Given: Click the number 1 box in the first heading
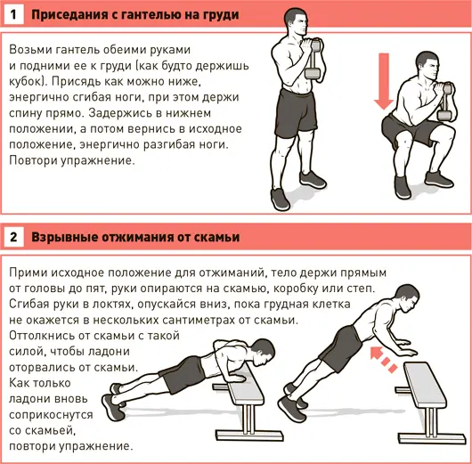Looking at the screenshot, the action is (14, 14).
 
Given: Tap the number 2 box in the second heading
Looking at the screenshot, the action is (14, 237).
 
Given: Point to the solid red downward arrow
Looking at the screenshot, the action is (384, 81).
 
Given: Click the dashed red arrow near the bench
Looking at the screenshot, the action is (384, 360).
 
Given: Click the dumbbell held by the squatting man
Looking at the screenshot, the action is (446, 102).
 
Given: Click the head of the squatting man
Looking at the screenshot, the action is (427, 66).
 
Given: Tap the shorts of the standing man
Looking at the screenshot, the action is (296, 113).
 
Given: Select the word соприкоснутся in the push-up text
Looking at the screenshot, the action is (51, 415).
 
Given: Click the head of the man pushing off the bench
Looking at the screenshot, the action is (407, 298).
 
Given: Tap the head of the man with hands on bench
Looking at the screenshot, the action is (263, 353).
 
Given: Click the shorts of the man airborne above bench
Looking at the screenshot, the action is (341, 348).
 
